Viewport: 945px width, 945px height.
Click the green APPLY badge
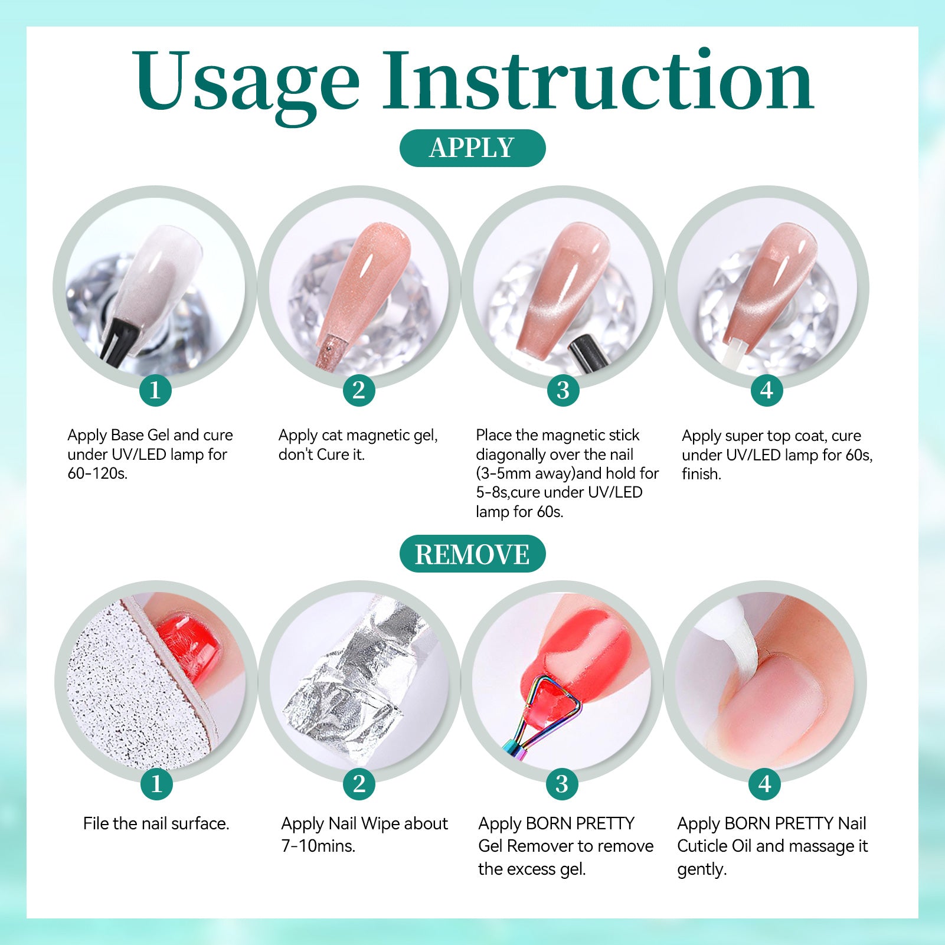[x=472, y=148]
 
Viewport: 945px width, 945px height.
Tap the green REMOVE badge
[x=472, y=554]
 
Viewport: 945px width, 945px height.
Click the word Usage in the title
[x=246, y=83]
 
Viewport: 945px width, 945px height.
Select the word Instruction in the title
[x=598, y=80]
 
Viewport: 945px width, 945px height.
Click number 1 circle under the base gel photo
[x=155, y=390]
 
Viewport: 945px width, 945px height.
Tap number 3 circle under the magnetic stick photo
[x=563, y=390]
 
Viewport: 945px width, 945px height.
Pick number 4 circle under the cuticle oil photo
[x=765, y=784]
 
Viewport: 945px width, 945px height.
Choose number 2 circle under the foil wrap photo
[x=359, y=784]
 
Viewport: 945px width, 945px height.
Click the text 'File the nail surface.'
[x=156, y=823]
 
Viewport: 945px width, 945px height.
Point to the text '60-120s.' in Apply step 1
[x=97, y=473]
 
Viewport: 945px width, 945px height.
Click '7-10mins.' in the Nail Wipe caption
[x=318, y=846]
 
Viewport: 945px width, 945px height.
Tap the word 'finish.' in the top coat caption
[x=701, y=474]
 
